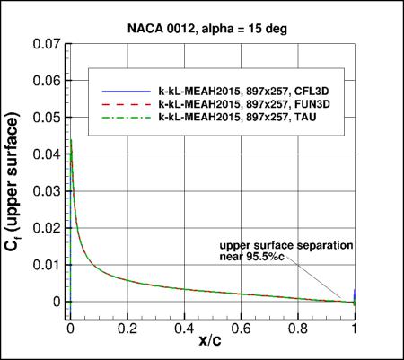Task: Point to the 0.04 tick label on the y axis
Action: pyautogui.click(x=47, y=154)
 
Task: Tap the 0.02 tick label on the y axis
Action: pyautogui.click(x=47, y=227)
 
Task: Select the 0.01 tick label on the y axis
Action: pyautogui.click(x=47, y=264)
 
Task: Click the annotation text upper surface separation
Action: pyautogui.click(x=288, y=245)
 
